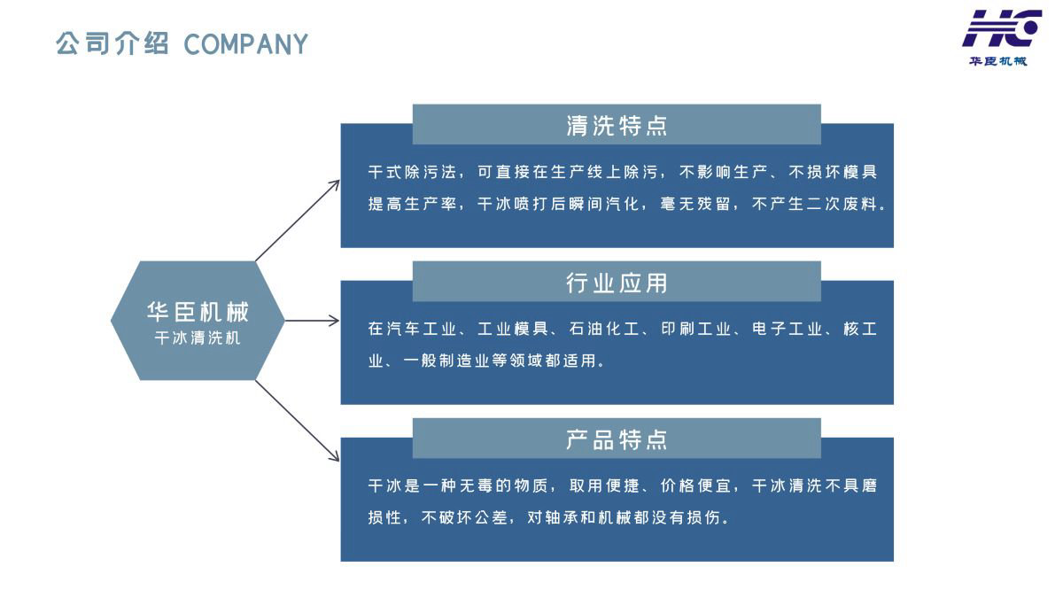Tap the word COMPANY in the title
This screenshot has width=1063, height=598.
pos(245,44)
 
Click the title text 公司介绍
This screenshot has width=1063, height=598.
pos(112,43)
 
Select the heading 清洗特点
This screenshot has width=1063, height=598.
pos(617,126)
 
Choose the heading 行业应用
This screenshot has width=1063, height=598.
pos(617,283)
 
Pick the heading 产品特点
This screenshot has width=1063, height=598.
pos(617,439)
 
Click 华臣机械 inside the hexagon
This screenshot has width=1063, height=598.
pos(198,312)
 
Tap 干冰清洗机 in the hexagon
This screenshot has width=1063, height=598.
pos(198,338)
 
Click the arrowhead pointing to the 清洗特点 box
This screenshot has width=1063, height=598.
pos(335,183)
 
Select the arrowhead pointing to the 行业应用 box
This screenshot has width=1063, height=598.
pos(335,321)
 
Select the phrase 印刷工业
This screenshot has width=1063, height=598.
pos(696,330)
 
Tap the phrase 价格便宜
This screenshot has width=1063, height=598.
pos(696,486)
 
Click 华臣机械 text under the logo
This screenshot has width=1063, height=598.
pos(997,61)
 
